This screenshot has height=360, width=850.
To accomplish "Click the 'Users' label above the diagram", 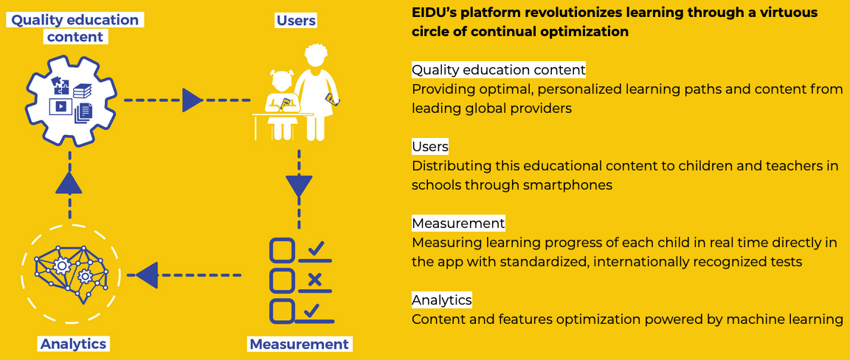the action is pos(296,21).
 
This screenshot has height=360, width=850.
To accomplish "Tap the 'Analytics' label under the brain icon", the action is pos(73,344).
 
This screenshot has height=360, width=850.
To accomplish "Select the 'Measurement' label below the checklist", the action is pos(298,344).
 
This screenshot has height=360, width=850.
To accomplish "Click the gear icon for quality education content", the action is pos(71,99).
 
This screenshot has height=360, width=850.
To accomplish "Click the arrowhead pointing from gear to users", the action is pos(192,100).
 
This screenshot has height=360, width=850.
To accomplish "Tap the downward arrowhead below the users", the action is pos(299,187).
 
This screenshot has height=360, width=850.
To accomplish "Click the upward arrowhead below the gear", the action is pos(69,181).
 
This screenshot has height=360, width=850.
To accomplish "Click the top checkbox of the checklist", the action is pos(282,250).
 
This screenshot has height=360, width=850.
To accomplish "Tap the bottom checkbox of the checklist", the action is pos(282,310).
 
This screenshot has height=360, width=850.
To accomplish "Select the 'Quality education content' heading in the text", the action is pos(498,70).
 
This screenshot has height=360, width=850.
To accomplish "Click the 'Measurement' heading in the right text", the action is pos(457,224).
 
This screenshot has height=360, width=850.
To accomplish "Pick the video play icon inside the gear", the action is pos(60,106).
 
